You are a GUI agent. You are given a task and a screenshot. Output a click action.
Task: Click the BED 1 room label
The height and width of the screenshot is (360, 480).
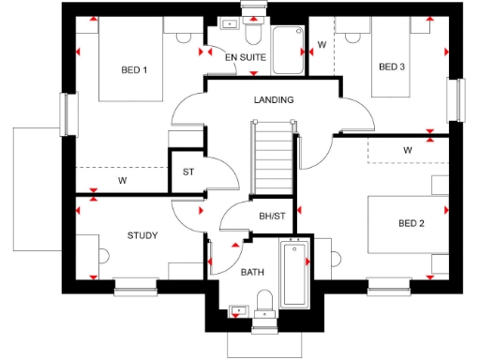click(x=134, y=70)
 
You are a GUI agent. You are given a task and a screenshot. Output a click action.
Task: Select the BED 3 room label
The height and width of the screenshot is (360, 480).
click(x=392, y=67)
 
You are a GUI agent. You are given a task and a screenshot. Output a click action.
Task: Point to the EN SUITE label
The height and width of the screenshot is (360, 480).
click(x=246, y=58)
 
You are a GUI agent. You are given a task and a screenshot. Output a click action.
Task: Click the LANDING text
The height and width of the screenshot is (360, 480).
click(x=273, y=99)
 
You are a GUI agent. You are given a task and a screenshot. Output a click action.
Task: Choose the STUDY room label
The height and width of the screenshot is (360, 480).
click(x=142, y=235)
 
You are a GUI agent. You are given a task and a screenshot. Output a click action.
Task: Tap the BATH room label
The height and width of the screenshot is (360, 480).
click(x=252, y=273)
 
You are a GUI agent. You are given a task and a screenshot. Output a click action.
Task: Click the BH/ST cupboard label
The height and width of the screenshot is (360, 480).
click(x=272, y=217)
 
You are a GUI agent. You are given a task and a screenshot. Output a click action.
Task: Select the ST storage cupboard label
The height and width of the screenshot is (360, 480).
click(x=187, y=172)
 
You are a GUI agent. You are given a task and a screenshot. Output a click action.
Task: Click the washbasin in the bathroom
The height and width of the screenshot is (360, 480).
click(x=238, y=307)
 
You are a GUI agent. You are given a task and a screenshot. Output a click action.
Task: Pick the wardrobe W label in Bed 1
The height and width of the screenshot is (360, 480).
click(x=123, y=180)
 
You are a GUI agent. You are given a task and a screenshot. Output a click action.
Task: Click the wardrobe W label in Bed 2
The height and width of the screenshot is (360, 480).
click(x=408, y=150)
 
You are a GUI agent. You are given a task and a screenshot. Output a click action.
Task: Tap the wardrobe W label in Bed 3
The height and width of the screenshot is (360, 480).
click(x=322, y=44)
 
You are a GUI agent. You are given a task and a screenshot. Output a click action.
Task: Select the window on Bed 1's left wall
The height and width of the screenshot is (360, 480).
click(x=66, y=113)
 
